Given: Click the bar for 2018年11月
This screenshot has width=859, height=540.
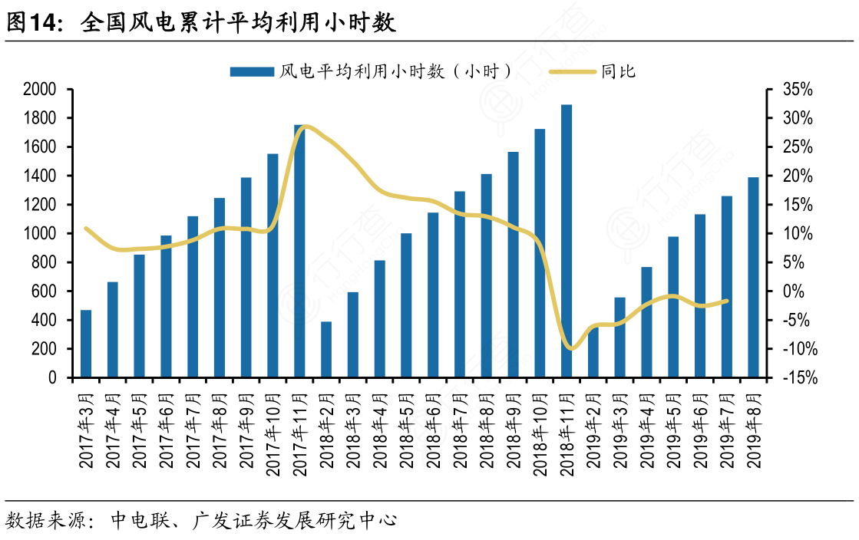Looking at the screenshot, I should [x=567, y=241].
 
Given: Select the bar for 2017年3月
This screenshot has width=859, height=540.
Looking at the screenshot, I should [x=86, y=344].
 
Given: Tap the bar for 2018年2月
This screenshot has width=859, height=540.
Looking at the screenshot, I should [x=326, y=349].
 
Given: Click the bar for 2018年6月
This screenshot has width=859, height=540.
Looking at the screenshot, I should [x=433, y=295].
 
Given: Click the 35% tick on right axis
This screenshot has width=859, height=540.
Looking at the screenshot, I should [x=798, y=90].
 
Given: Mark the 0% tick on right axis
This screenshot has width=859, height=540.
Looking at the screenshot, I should [x=794, y=291].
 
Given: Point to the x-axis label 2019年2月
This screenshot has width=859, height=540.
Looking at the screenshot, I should [x=593, y=430].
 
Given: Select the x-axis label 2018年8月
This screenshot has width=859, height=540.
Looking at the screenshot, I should [x=487, y=430].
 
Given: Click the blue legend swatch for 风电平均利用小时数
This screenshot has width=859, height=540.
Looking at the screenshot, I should [x=252, y=72].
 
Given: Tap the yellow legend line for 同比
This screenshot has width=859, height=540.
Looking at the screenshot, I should [x=572, y=72].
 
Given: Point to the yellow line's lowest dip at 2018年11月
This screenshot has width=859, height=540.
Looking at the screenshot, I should [x=570, y=348].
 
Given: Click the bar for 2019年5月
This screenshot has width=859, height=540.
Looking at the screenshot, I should [x=673, y=307].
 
